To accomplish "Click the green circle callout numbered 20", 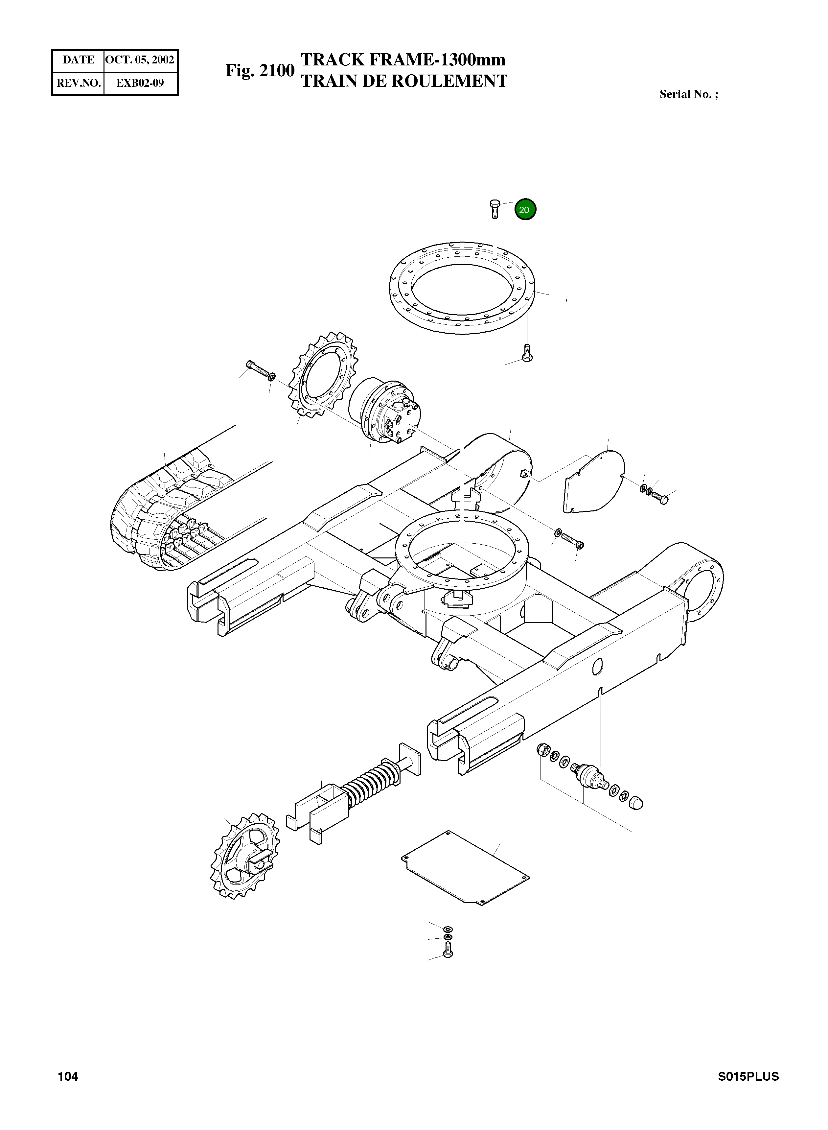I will click(525, 210).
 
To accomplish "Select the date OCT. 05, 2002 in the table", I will click(140, 60).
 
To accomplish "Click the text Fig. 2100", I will click(259, 71).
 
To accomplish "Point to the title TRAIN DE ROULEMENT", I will click(403, 81).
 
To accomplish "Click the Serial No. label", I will click(688, 94).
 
